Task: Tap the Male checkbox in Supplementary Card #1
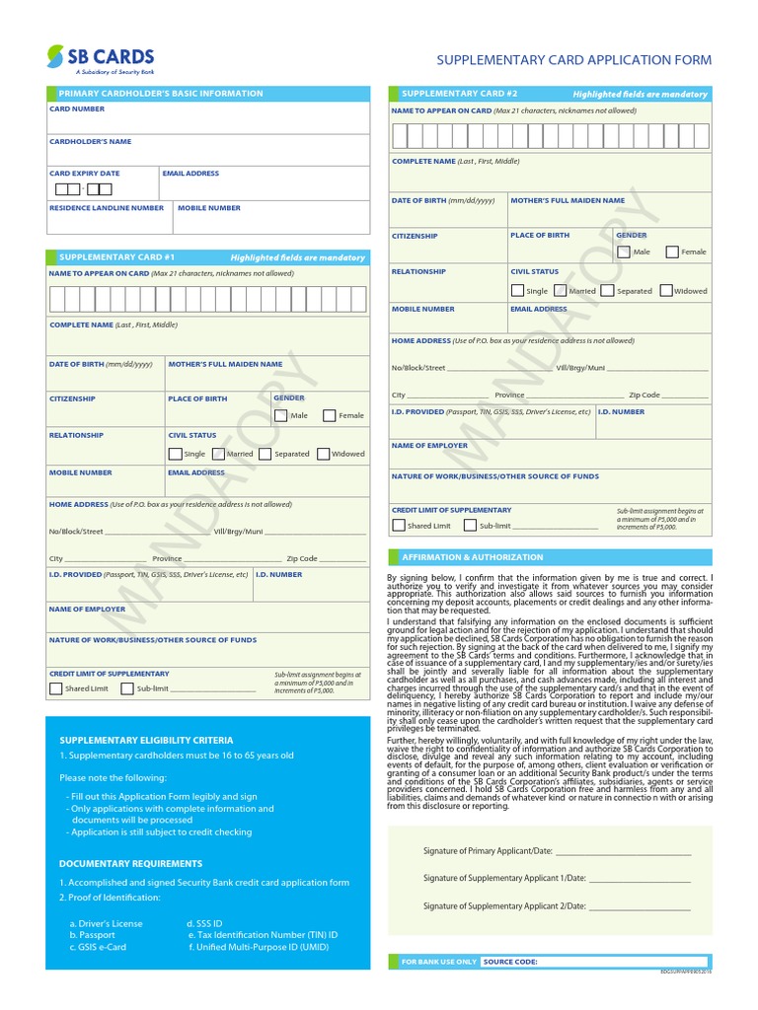pyautogui.click(x=281, y=415)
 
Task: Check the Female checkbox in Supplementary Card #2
pyautogui.click(x=672, y=252)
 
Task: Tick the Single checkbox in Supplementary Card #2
pyautogui.click(x=517, y=291)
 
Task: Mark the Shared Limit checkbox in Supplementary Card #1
pyautogui.click(x=55, y=688)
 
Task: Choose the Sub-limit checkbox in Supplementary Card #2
pyautogui.click(x=470, y=526)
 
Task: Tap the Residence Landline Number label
pyautogui.click(x=107, y=208)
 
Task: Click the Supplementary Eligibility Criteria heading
pyautogui.click(x=146, y=739)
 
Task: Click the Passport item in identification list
pyautogui.click(x=92, y=934)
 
